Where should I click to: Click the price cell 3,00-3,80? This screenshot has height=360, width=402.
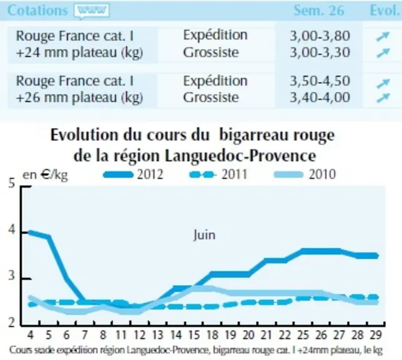[320, 36]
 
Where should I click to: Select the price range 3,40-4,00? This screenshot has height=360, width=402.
[320, 97]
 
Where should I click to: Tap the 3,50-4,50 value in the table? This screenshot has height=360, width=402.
[320, 81]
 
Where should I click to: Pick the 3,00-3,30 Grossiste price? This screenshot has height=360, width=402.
[320, 52]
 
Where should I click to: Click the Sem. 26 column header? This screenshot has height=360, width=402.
[319, 11]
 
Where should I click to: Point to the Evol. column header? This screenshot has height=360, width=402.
[385, 11]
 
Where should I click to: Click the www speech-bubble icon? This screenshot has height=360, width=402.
[92, 11]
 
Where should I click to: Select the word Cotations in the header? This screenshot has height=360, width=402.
[37, 11]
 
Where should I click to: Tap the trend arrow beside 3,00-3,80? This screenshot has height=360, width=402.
[383, 36]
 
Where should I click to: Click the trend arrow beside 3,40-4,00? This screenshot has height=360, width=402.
[383, 97]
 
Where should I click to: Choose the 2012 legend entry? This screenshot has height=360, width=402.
[133, 174]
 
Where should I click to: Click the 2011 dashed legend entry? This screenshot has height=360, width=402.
[218, 174]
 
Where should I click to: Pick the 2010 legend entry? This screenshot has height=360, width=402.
[305, 174]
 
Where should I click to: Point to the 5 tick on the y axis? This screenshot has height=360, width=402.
[11, 183]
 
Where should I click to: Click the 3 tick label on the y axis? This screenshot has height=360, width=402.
[11, 276]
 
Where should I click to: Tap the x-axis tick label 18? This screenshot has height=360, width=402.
[212, 335]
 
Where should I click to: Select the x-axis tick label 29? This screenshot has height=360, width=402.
[376, 335]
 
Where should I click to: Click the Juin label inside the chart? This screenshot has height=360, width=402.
[204, 235]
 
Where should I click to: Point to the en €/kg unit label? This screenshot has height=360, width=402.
[45, 175]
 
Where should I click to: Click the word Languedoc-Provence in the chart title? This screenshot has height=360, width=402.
[240, 156]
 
